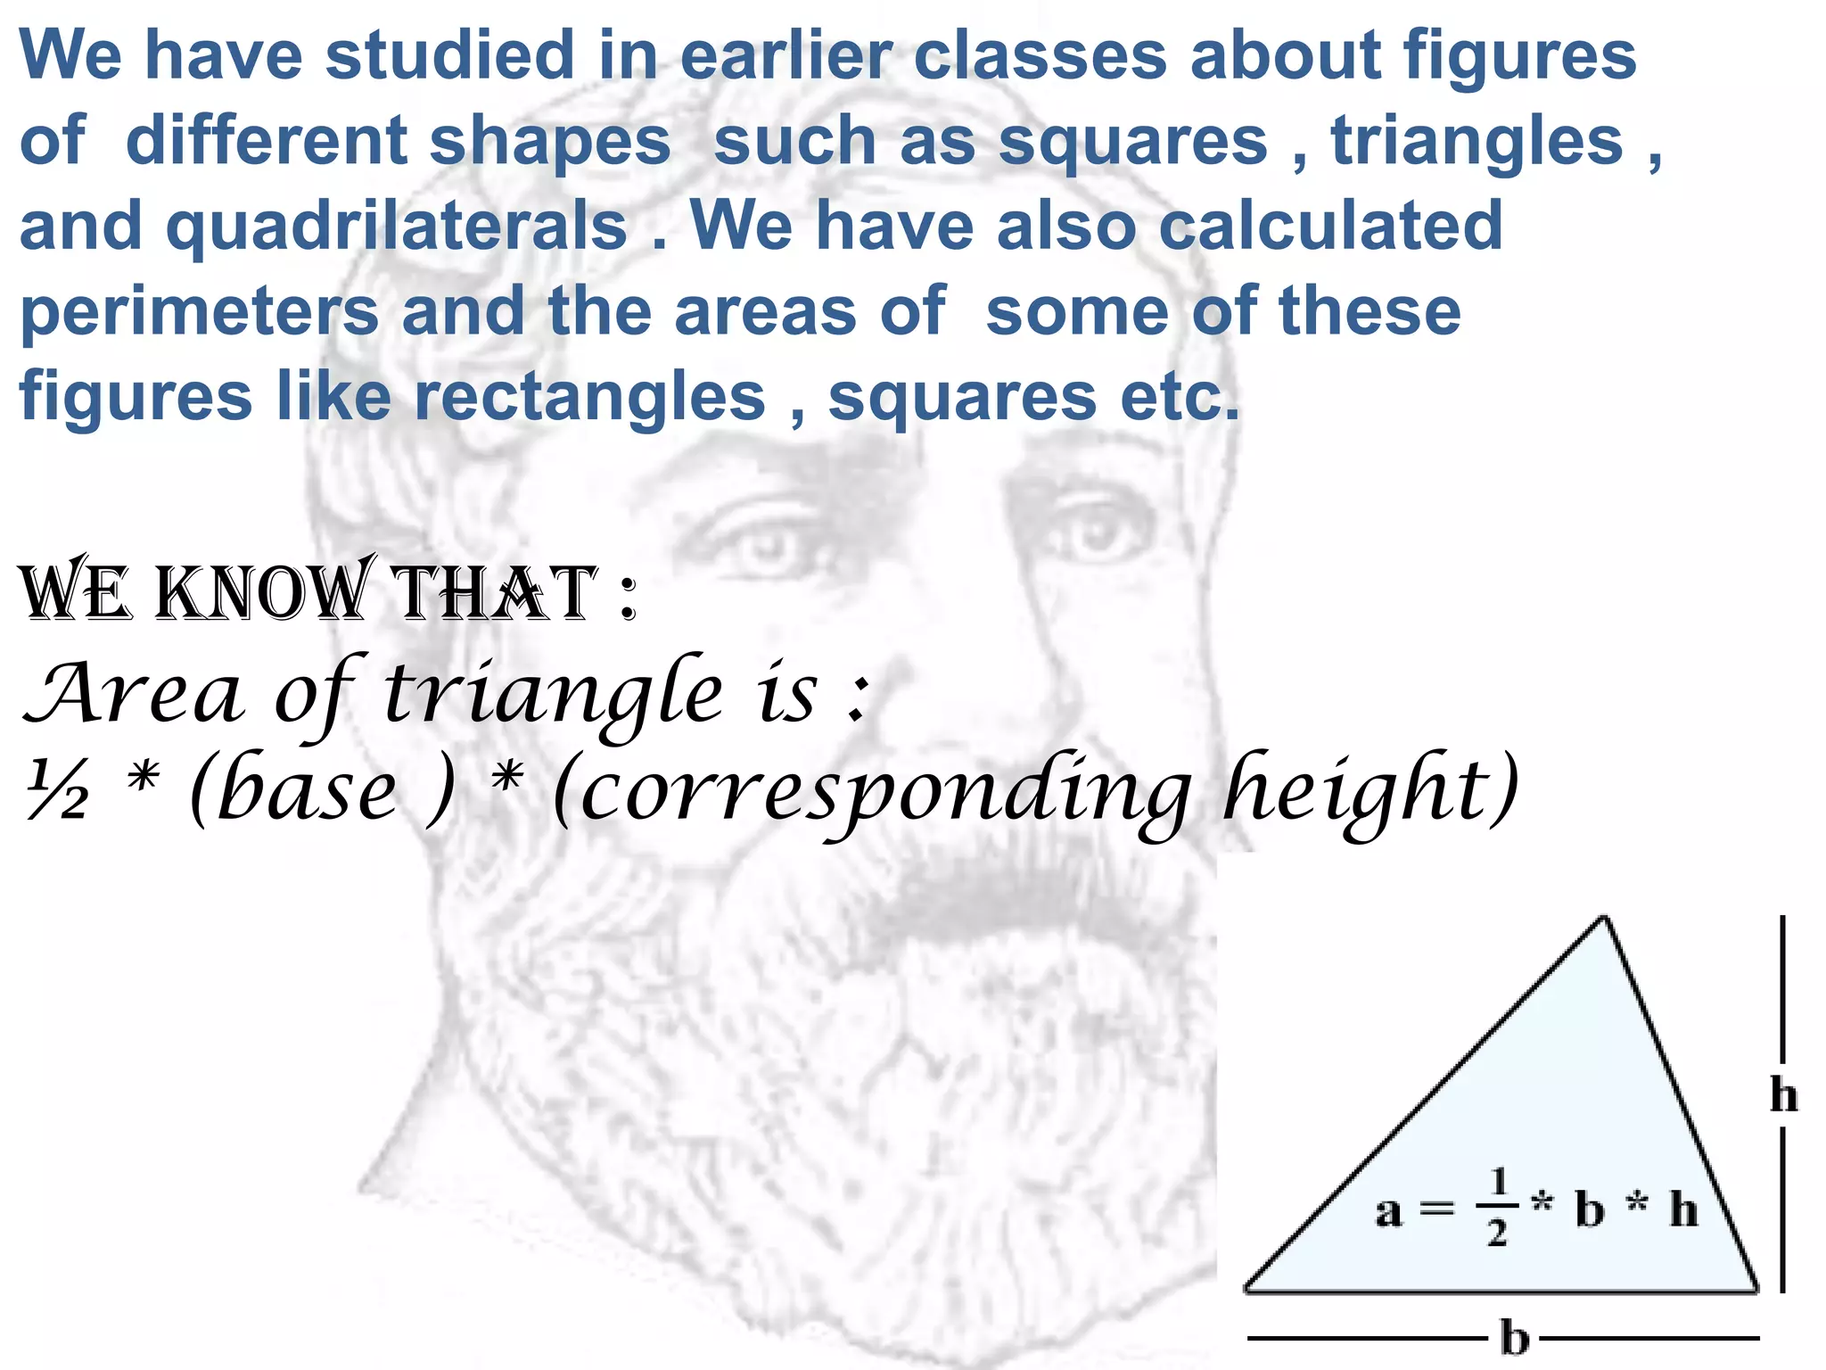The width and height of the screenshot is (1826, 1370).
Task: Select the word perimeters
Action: pos(199,312)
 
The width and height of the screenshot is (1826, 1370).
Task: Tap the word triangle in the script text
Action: pos(553,695)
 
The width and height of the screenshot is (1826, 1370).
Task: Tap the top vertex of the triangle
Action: pos(1604,919)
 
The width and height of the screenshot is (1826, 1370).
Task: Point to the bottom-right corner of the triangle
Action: pos(1756,1288)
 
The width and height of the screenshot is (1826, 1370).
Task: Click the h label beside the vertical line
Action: pos(1783,1095)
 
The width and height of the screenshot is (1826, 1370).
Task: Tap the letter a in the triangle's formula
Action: pos(1388,1211)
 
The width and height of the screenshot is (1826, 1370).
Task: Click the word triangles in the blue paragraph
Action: pos(1476,141)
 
